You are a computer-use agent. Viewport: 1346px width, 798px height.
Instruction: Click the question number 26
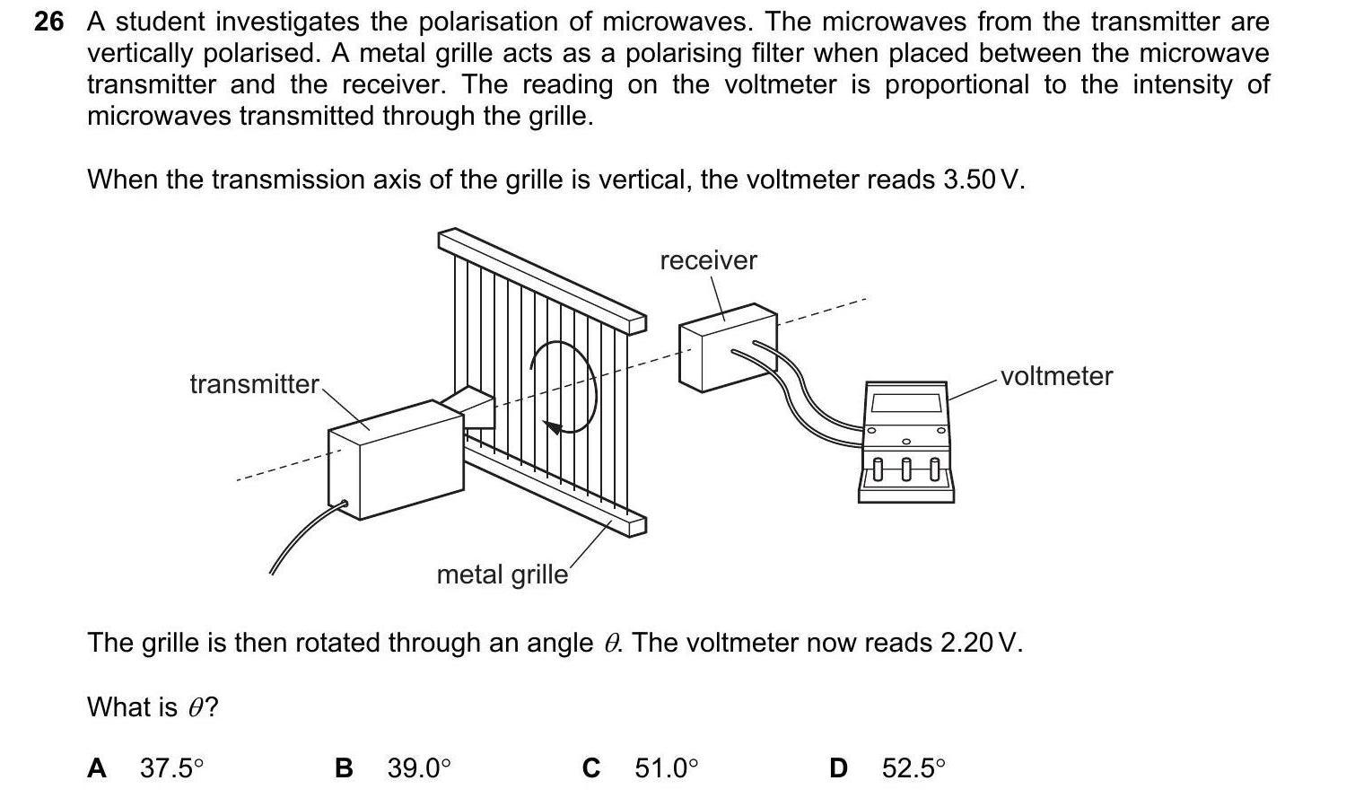[x=49, y=22]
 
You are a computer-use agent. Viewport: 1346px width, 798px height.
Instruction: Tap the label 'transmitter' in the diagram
[x=254, y=384]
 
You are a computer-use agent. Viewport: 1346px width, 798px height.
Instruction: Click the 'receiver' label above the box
[x=708, y=260]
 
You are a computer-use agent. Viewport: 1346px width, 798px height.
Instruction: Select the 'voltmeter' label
[x=1056, y=376]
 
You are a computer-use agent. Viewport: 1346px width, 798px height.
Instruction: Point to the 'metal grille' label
[x=502, y=574]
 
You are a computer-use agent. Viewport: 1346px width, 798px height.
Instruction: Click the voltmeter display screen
[x=906, y=401]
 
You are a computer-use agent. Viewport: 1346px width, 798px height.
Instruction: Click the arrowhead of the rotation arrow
[x=555, y=427]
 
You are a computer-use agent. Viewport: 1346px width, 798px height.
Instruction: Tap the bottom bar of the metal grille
[x=556, y=489]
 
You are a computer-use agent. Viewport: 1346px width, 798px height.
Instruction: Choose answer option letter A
[x=97, y=768]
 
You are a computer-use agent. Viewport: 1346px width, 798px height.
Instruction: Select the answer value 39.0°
[x=418, y=768]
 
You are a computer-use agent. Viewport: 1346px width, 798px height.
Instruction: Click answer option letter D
[x=838, y=768]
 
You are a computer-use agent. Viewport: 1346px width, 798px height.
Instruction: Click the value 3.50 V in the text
[x=982, y=180]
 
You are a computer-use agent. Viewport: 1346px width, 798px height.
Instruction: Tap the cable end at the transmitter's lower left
[x=342, y=504]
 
